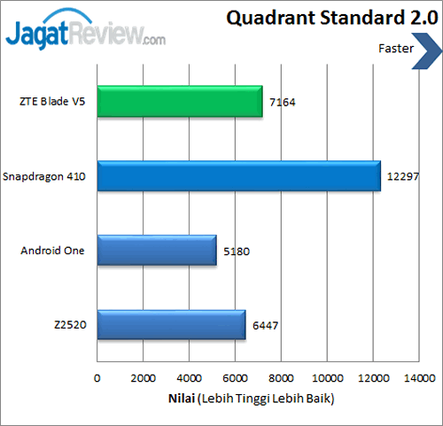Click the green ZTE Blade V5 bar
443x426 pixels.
180,102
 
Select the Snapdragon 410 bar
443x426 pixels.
238,176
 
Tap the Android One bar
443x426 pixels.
157,251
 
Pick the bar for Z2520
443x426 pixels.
171,324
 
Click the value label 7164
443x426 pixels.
282,103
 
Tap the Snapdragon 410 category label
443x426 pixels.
44,176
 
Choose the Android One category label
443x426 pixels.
52,251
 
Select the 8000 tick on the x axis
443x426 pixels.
281,379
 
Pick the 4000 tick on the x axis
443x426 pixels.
189,379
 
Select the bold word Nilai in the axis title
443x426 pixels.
182,399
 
